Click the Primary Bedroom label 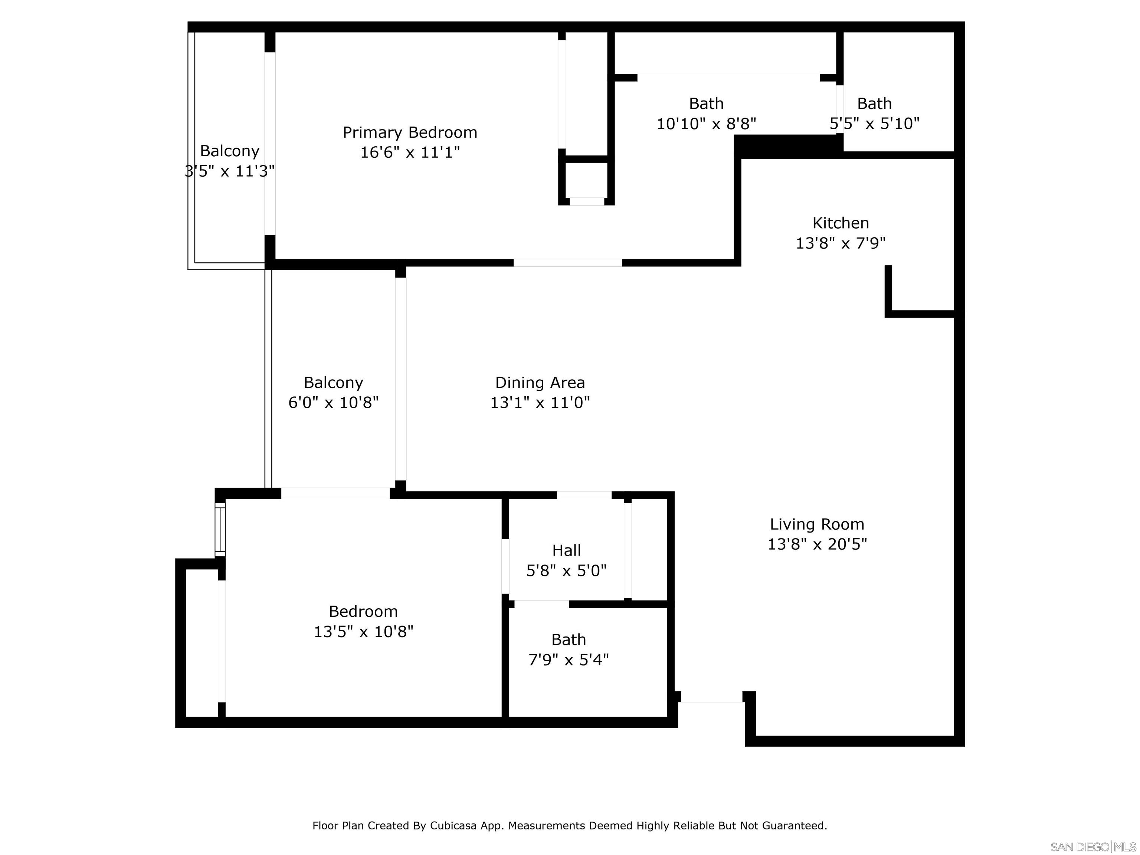pyautogui.click(x=410, y=132)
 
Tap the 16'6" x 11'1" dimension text pyautogui.click(x=410, y=153)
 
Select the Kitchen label pyautogui.click(x=841, y=223)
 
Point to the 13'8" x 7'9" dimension pyautogui.click(x=841, y=243)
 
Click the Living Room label pyautogui.click(x=817, y=524)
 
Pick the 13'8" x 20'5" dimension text pyautogui.click(x=817, y=544)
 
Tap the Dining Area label pyautogui.click(x=540, y=382)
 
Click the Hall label pyautogui.click(x=566, y=550)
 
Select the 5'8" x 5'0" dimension pyautogui.click(x=566, y=570)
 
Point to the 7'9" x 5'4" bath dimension pyautogui.click(x=569, y=660)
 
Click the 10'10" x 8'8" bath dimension pyautogui.click(x=706, y=124)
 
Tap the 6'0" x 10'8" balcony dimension pyautogui.click(x=334, y=403)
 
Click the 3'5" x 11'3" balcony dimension pyautogui.click(x=229, y=171)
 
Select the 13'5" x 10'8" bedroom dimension pyautogui.click(x=363, y=631)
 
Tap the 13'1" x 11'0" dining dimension pyautogui.click(x=540, y=403)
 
